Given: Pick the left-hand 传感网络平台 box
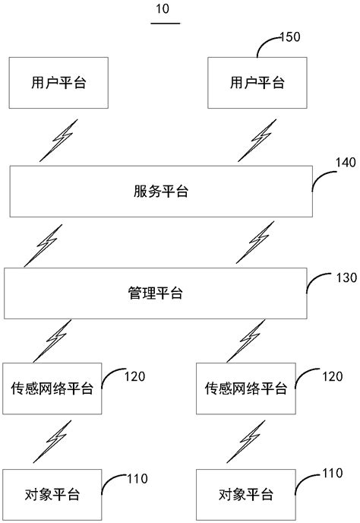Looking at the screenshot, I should pos(53,388).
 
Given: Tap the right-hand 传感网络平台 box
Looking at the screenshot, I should pos(245,388).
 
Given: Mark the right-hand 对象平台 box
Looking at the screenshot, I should pos(245,495).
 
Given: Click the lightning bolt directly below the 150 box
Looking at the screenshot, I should pos(261,141).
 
